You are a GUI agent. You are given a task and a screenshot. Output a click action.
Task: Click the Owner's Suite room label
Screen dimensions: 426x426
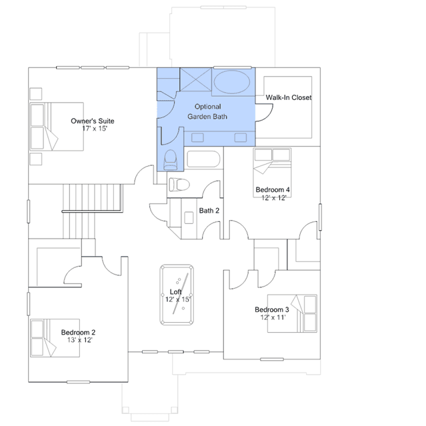[93, 121]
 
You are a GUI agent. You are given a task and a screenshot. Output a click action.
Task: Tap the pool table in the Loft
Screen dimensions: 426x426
[177, 295]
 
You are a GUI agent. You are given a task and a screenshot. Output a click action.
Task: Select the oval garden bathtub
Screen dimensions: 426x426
[232, 82]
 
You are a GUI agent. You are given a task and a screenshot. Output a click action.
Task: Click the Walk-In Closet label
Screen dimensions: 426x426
[289, 97]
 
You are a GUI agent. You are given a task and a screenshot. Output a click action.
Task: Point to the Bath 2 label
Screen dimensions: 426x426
[209, 211]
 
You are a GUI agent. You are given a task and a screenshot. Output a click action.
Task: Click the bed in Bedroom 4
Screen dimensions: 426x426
[272, 173]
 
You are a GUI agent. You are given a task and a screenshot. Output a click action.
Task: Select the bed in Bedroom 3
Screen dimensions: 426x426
[292, 313]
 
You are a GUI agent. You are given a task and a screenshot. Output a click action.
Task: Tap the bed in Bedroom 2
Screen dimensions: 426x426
[55, 338]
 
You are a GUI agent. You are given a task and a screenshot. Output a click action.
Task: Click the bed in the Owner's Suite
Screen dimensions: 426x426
[57, 127]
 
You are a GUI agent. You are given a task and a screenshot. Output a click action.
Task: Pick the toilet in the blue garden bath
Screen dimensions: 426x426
[171, 160]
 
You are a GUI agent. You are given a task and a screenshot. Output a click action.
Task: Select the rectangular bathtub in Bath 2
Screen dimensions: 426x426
[203, 159]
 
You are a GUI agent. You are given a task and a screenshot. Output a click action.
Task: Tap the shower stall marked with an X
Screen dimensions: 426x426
[196, 79]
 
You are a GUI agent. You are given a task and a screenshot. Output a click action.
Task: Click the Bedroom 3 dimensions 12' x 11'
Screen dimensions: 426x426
[273, 317]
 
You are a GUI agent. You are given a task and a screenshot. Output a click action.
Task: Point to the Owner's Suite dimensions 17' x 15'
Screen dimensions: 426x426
[95, 129]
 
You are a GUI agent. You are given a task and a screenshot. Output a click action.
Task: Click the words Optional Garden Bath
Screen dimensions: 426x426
[207, 111]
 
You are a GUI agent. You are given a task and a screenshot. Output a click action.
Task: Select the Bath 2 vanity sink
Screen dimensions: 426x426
[189, 218]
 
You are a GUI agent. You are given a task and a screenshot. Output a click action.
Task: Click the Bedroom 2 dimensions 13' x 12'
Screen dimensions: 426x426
[80, 340]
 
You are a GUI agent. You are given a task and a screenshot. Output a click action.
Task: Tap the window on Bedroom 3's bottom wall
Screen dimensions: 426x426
[272, 359]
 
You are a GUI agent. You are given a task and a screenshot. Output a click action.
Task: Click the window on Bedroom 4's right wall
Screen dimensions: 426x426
[320, 217]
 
